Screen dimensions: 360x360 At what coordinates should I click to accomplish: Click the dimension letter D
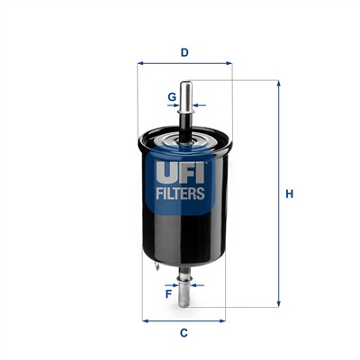point(184,52)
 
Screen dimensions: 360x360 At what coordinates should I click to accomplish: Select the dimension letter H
point(289,193)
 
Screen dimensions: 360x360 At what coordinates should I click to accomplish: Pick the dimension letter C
point(184,334)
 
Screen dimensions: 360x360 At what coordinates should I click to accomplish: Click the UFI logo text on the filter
point(184,169)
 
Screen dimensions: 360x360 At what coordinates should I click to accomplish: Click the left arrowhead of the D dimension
point(140,64)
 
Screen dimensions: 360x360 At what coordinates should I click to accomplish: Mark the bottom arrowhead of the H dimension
point(279,303)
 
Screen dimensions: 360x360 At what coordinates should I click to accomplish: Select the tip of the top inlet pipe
point(185,84)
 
